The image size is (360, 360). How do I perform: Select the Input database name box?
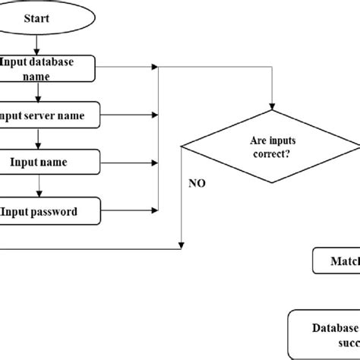(47, 69)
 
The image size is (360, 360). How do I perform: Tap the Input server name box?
(47, 115)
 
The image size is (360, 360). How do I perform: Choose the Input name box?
(47, 161)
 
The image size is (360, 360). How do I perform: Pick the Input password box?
(47, 211)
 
